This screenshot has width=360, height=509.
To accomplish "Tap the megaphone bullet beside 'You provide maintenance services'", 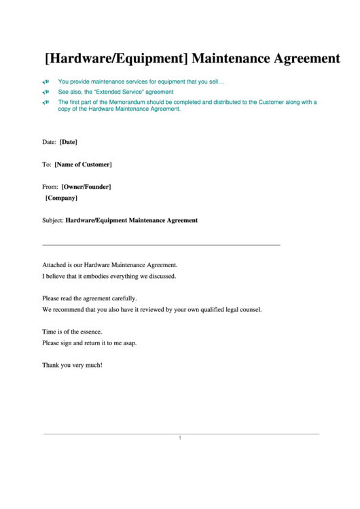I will pos(46,82).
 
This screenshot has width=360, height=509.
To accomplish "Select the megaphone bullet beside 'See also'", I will pos(46,92).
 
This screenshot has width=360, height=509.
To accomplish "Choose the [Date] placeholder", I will pos(69,142).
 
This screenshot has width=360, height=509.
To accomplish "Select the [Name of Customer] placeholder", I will pos(83,164).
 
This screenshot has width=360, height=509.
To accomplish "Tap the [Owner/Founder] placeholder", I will pos(86,186).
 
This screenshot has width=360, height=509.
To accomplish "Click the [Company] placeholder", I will pos(61,198).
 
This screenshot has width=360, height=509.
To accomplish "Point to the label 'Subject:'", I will pos(53,220).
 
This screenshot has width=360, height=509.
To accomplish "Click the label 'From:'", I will pos(50,186).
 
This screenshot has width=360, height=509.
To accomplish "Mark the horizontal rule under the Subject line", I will pos(161,245).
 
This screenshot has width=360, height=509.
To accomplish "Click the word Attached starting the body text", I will pos(55,265).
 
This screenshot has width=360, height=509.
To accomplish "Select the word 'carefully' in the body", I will pos(123,298).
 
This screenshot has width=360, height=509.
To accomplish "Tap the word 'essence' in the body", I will pos(90,332).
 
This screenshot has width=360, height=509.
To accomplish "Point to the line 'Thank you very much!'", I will pos(73,365).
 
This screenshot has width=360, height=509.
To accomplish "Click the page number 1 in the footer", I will pos(180,438).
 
